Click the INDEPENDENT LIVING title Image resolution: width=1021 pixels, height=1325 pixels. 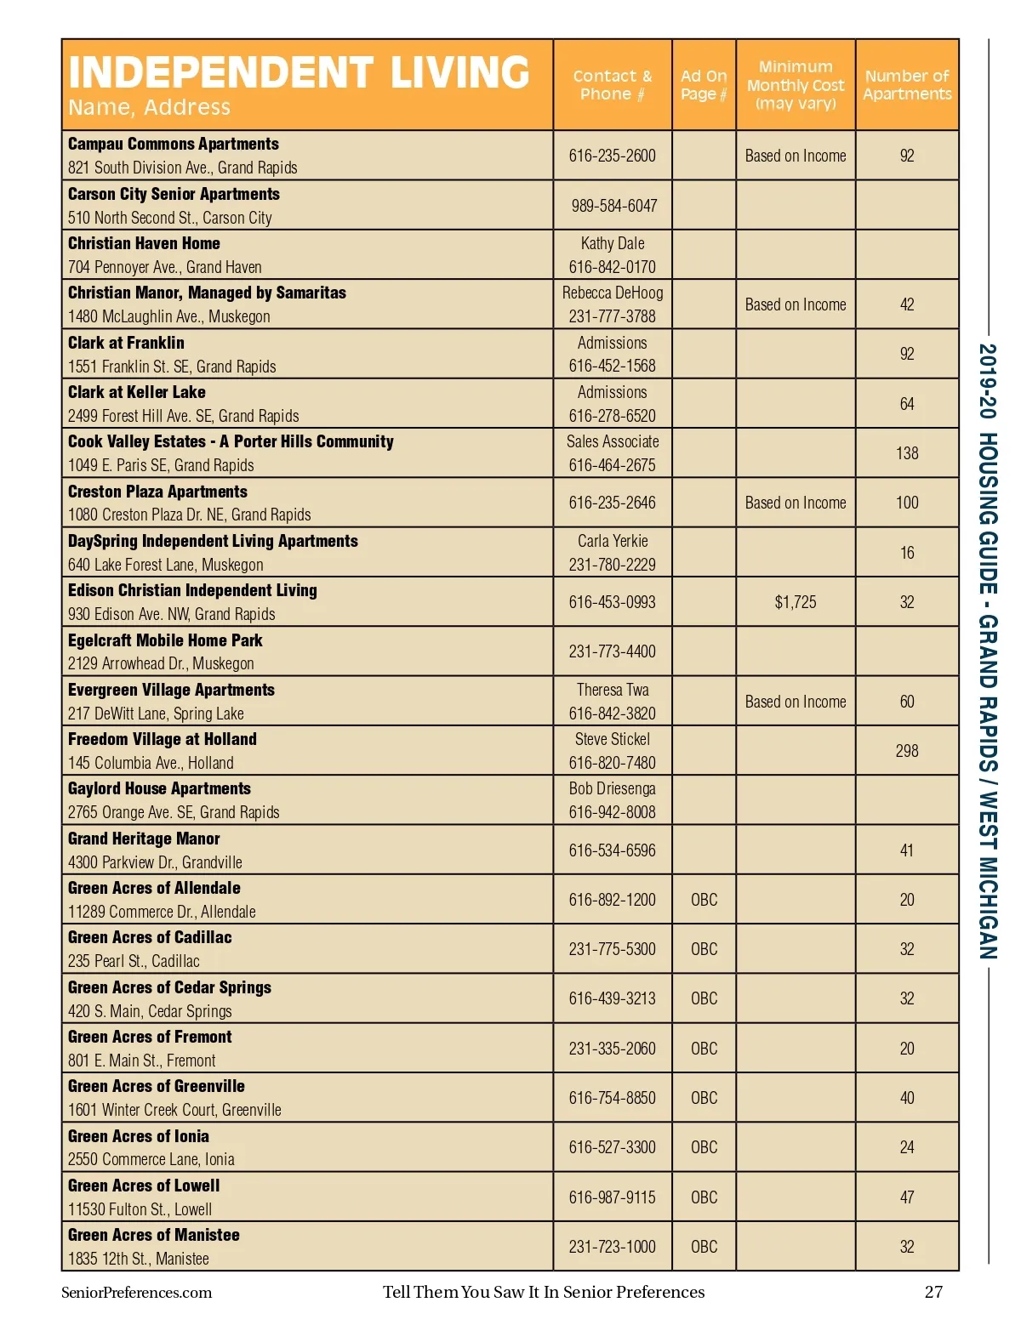[299, 72]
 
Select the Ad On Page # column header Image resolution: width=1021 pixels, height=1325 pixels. [704, 85]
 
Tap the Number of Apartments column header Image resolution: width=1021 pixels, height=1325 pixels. [907, 85]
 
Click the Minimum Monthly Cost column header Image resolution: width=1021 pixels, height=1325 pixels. [796, 85]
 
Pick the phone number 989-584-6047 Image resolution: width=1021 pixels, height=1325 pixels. [613, 206]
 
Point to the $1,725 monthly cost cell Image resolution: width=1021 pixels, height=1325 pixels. [796, 602]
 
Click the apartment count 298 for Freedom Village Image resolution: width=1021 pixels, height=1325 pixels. [907, 751]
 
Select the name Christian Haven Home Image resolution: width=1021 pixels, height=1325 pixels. [144, 244]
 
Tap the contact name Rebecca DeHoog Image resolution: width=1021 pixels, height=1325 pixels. [613, 293]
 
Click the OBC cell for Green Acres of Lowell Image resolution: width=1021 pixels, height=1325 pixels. [704, 1197]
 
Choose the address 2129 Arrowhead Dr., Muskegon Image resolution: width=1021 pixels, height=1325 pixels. [161, 663]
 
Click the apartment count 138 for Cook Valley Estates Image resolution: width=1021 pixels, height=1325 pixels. [907, 453]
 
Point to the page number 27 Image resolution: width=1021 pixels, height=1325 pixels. [933, 1292]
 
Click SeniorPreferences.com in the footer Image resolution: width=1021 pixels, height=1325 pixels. [136, 1293]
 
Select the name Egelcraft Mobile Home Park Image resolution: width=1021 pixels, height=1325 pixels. [165, 640]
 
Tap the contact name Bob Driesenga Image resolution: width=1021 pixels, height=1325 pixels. [613, 788]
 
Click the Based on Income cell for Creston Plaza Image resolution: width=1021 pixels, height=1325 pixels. [796, 503]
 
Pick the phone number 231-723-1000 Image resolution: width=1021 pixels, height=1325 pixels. [613, 1247]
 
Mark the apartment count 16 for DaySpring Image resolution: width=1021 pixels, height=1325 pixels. [907, 553]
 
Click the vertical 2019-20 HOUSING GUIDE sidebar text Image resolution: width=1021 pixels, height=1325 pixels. [988, 651]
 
